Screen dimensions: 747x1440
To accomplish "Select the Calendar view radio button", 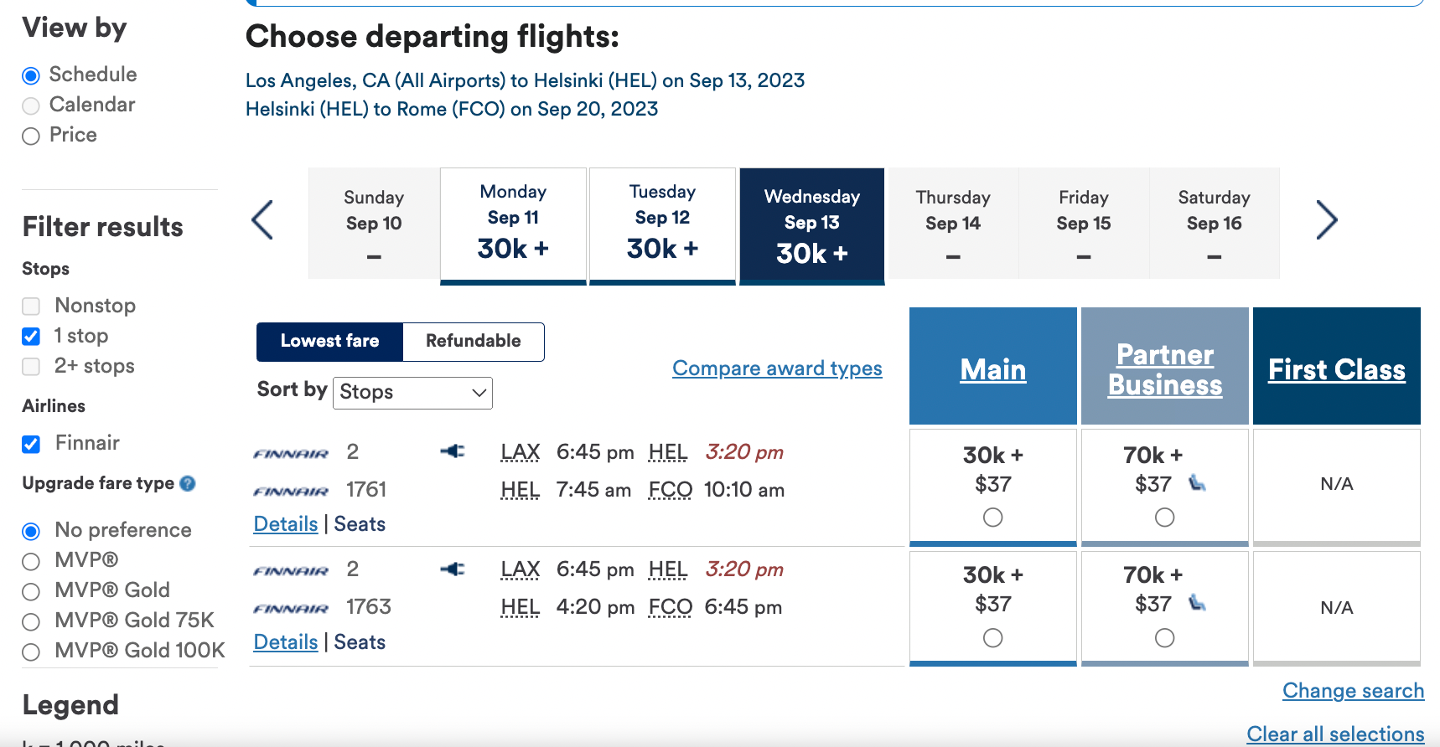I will (x=31, y=106).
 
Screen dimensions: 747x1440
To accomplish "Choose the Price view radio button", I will (x=31, y=136).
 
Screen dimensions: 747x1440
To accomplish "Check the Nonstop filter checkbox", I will (x=31, y=307).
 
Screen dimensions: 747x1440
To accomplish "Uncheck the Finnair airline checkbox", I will (x=31, y=444).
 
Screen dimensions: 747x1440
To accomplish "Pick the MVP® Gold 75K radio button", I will (x=31, y=621).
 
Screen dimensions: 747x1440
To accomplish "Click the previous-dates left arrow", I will (x=262, y=220).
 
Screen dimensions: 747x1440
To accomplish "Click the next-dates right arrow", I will (x=1326, y=220).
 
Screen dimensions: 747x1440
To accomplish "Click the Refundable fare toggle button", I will (x=473, y=342).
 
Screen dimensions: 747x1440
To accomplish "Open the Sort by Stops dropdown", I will (x=412, y=393).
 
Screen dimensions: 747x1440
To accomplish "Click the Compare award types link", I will (x=777, y=368).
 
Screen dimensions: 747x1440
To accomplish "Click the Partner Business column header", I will (x=1164, y=369).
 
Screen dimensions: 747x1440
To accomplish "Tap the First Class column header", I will (x=1336, y=369).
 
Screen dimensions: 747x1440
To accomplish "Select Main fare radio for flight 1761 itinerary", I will (x=992, y=518).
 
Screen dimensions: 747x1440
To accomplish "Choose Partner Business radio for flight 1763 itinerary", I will (x=1164, y=638).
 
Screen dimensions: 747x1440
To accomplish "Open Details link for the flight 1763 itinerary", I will (x=286, y=642).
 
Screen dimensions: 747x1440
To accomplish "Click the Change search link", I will (x=1353, y=691).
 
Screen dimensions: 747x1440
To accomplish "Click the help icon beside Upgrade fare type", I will (x=188, y=483).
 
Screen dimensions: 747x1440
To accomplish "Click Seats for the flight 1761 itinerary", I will (x=360, y=524).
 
